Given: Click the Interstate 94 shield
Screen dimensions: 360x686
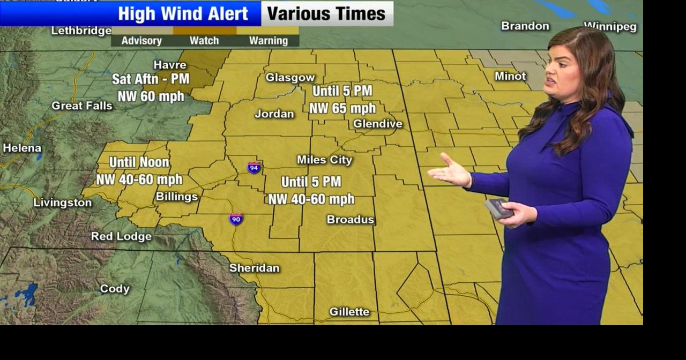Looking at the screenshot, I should [x=255, y=167].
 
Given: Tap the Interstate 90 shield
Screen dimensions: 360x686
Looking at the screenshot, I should [x=236, y=219].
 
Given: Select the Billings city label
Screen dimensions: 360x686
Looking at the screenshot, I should [x=176, y=197].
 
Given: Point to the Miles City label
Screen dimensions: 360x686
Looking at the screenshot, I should [x=324, y=160].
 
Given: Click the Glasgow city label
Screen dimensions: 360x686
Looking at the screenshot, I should [x=290, y=78].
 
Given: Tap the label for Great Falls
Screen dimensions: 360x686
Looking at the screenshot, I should [x=82, y=106].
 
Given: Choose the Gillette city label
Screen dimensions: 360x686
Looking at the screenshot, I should [x=349, y=311].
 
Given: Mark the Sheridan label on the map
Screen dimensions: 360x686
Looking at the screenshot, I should [x=254, y=268].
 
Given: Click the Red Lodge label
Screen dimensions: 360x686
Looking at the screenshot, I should [x=121, y=236].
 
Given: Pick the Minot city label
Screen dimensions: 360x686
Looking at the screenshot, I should [x=510, y=76].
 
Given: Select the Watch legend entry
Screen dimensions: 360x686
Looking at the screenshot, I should [x=204, y=41].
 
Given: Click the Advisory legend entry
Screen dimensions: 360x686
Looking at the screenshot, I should [x=141, y=41].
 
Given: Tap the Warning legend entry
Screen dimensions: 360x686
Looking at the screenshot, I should [x=269, y=41].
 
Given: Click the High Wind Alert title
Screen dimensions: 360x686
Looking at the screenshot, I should [x=183, y=14].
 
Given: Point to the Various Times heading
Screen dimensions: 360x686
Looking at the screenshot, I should [x=326, y=14].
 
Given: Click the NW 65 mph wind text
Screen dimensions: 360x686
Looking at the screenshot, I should [x=342, y=108].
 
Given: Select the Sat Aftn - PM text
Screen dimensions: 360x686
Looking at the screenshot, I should [x=151, y=79].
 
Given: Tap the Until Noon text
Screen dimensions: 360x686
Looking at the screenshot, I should [x=139, y=162].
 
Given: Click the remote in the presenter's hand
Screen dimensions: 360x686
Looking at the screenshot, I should [x=498, y=208].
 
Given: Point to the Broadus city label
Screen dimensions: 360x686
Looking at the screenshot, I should [x=351, y=220].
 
